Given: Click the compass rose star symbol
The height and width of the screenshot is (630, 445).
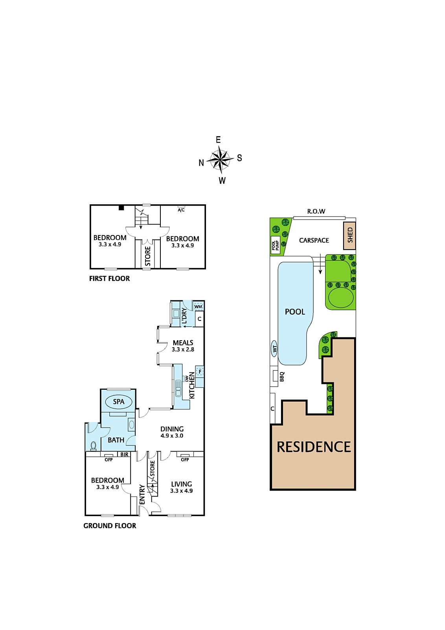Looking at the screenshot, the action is pyautogui.click(x=221, y=159).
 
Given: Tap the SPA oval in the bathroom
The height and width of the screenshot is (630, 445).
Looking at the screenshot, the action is pyautogui.click(x=118, y=402).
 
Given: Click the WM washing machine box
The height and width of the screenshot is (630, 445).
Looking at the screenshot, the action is pyautogui.click(x=198, y=306).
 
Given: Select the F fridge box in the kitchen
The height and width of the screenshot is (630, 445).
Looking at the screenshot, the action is pyautogui.click(x=200, y=372).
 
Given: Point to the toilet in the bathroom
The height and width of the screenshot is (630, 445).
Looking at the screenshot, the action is pyautogui.click(x=93, y=446).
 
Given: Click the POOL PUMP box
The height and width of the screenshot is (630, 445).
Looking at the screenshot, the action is pyautogui.click(x=276, y=245).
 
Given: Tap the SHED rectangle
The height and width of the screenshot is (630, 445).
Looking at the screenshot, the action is pyautogui.click(x=349, y=236).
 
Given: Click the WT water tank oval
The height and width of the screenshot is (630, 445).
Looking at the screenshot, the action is pyautogui.click(x=274, y=349).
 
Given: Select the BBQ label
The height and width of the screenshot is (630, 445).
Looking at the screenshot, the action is pyautogui.click(x=282, y=376).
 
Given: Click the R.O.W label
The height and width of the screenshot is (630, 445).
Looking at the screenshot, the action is pyautogui.click(x=316, y=211).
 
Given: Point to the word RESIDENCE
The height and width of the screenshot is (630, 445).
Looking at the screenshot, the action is pyautogui.click(x=314, y=447).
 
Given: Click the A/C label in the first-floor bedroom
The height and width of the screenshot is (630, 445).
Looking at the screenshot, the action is pyautogui.click(x=181, y=210).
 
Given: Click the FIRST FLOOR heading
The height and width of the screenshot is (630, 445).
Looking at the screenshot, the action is pyautogui.click(x=110, y=278).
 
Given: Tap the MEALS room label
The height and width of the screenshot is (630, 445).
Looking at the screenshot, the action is pyautogui.click(x=183, y=343).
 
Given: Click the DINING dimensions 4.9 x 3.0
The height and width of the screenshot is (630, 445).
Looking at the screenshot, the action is pyautogui.click(x=172, y=435).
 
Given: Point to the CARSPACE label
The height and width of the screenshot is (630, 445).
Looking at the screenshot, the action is pyautogui.click(x=314, y=240).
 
